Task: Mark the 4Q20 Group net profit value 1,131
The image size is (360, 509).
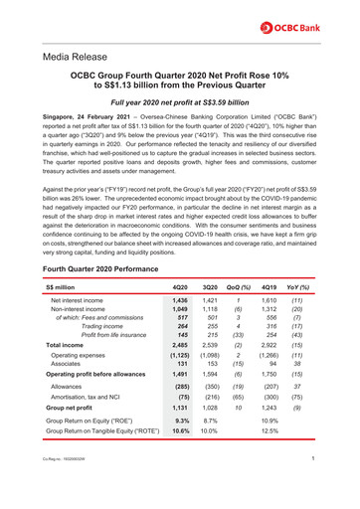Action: [180, 408]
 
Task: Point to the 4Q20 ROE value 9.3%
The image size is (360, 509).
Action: [181, 423]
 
